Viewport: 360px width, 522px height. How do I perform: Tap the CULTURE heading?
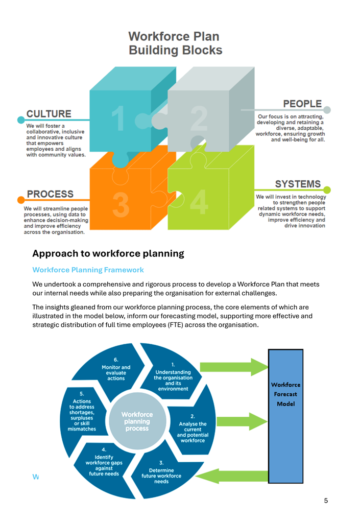click(49, 113)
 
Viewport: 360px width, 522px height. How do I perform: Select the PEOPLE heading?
click(302, 104)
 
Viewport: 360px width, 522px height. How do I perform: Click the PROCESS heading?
click(50, 194)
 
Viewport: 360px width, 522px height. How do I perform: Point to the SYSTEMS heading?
click(298, 183)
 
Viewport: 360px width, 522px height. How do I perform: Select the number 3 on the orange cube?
click(120, 203)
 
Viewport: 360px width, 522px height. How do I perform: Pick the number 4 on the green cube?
click(199, 203)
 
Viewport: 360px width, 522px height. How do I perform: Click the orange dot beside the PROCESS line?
click(21, 200)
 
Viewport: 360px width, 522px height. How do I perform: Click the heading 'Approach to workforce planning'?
click(108, 253)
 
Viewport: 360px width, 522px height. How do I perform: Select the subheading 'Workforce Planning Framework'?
click(88, 270)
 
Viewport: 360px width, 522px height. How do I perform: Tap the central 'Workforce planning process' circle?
click(137, 421)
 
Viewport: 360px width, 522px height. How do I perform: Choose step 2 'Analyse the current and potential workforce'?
click(193, 428)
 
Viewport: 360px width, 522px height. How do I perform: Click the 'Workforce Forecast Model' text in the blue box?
click(285, 394)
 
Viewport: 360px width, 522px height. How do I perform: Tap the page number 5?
click(326, 501)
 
